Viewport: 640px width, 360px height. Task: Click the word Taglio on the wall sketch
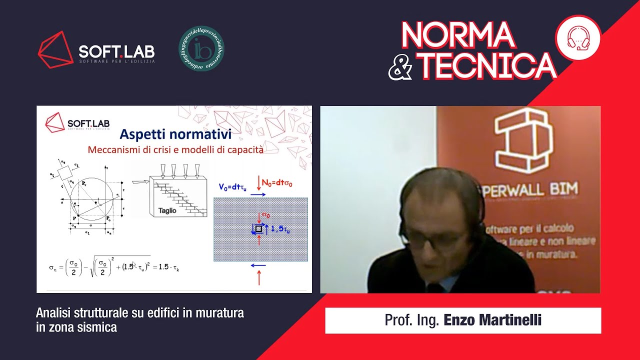pyautogui.click(x=167, y=210)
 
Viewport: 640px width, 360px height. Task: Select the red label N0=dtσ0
pyautogui.click(x=277, y=183)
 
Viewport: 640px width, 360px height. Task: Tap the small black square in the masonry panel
pyautogui.click(x=258, y=228)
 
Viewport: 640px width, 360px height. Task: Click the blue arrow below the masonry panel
pyautogui.click(x=258, y=266)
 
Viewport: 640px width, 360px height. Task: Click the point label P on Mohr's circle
pyautogui.click(x=74, y=218)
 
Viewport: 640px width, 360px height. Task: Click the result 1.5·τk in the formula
pyautogui.click(x=169, y=267)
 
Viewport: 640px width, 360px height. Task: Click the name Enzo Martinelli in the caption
pyautogui.click(x=492, y=320)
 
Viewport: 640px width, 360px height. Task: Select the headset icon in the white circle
pyautogui.click(x=578, y=38)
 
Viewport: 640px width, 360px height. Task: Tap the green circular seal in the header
pyautogui.click(x=201, y=48)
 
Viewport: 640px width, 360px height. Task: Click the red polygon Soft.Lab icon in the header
pyautogui.click(x=55, y=49)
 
